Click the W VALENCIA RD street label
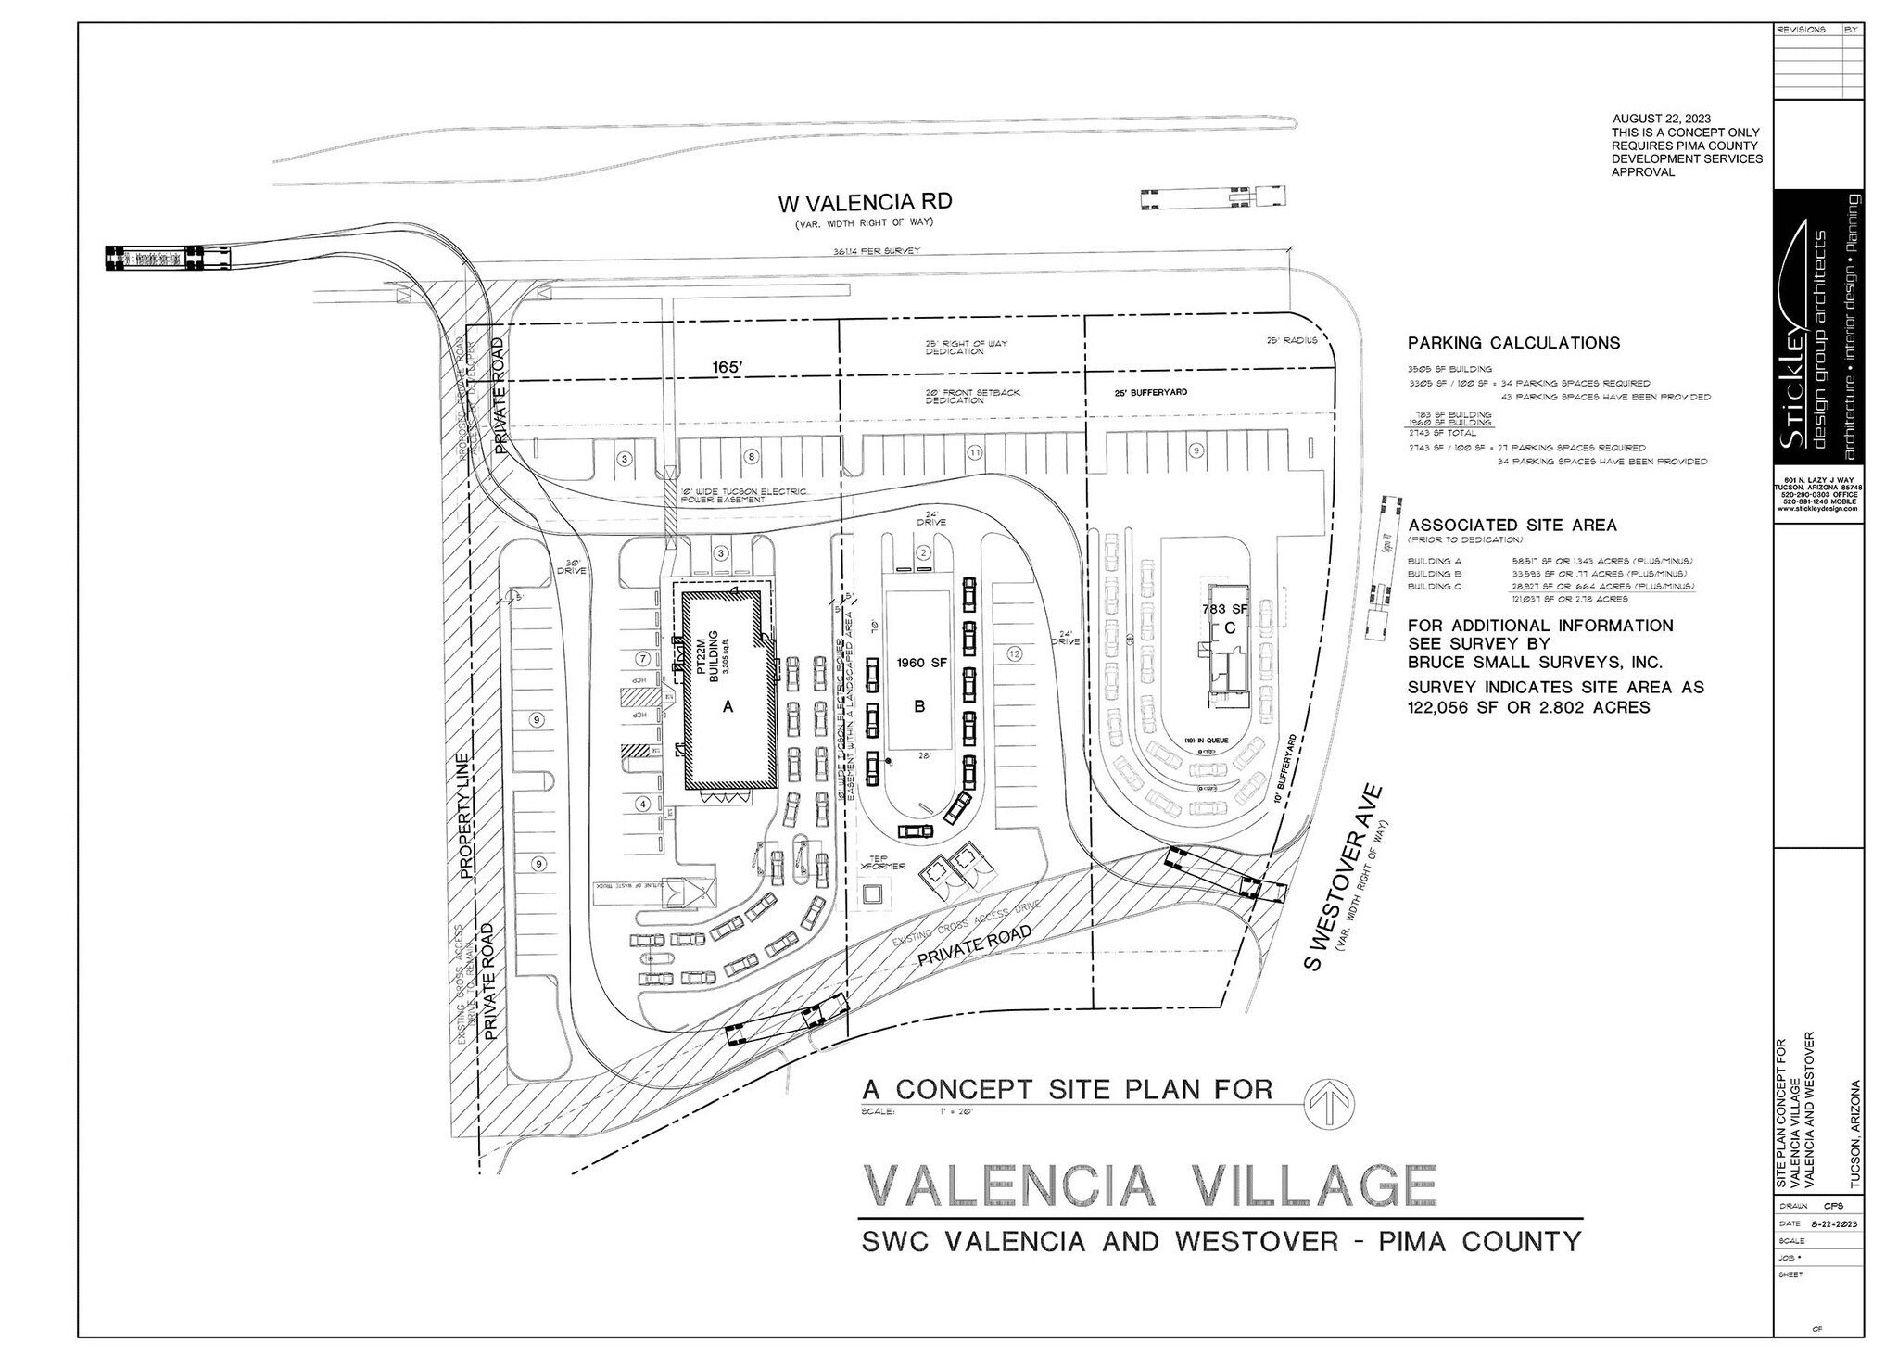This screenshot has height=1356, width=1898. tap(864, 202)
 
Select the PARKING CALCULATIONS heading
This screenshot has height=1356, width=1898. tap(1513, 343)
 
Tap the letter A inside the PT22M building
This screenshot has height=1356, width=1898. tap(728, 706)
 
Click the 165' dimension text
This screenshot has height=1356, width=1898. tap(727, 368)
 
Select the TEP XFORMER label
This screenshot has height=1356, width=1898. tap(875, 861)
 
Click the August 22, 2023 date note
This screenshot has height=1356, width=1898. tap(1662, 119)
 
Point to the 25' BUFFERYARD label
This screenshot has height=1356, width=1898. tap(1151, 392)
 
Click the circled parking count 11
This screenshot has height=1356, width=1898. tap(974, 452)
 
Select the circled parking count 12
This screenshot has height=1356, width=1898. tap(1014, 654)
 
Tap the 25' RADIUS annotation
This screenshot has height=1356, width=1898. tap(1292, 340)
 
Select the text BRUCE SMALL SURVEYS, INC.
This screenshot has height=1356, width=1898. tap(1534, 662)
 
